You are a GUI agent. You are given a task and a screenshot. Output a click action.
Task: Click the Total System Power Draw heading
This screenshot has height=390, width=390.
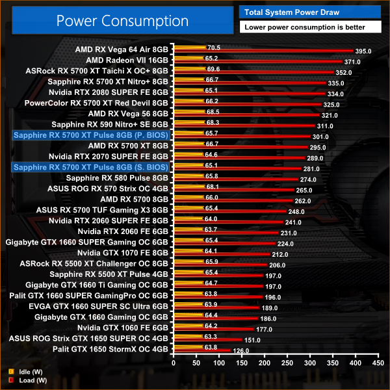pyautogui.click(x=292, y=11)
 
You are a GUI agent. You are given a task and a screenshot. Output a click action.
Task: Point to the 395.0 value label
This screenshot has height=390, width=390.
pyautogui.click(x=363, y=51)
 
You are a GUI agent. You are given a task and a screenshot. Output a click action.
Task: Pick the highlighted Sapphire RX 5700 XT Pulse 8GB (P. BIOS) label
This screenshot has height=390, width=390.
pyautogui.click(x=91, y=135)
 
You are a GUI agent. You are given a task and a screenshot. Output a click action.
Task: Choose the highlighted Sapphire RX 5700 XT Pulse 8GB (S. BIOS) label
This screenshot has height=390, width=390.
pyautogui.click(x=91, y=167)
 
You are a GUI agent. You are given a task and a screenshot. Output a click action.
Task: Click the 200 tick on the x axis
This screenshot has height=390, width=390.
pyautogui.click(x=264, y=361)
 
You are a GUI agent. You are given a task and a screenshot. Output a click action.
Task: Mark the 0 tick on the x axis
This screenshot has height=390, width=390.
pyautogui.click(x=173, y=361)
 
